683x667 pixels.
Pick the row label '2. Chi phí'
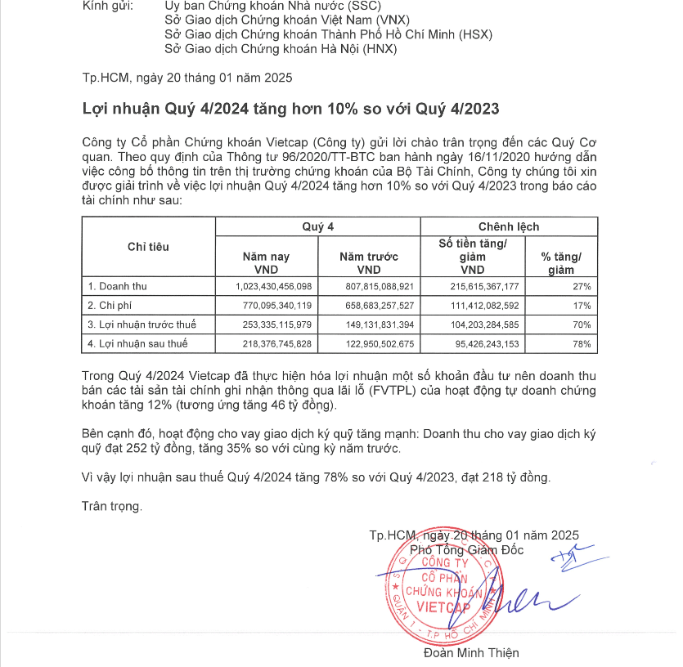point(110,306)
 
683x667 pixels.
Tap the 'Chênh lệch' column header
point(508,226)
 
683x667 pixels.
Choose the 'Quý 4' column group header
point(317,226)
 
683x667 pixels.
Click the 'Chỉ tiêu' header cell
point(148,247)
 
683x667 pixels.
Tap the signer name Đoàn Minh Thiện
point(471,653)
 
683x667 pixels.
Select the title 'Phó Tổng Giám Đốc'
point(466,550)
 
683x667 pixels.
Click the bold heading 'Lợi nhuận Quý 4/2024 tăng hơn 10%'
point(290,109)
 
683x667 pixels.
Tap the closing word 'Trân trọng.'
point(112,506)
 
